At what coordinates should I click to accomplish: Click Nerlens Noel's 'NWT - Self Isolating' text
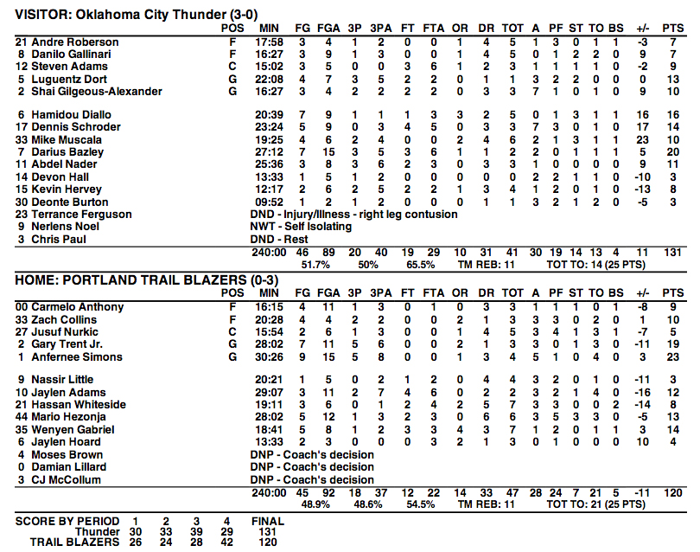301,227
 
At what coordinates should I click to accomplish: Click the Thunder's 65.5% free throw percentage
418,264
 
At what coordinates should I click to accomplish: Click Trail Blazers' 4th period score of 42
226,542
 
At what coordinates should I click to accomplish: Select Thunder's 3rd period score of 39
195,532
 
